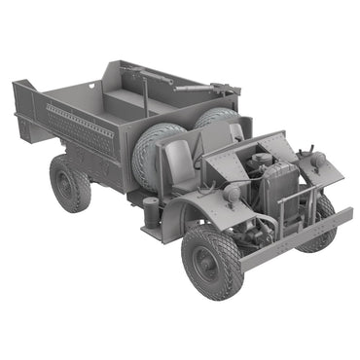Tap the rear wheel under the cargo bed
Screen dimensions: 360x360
coord(70,182)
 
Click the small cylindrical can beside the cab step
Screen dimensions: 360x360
coord(151,209)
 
